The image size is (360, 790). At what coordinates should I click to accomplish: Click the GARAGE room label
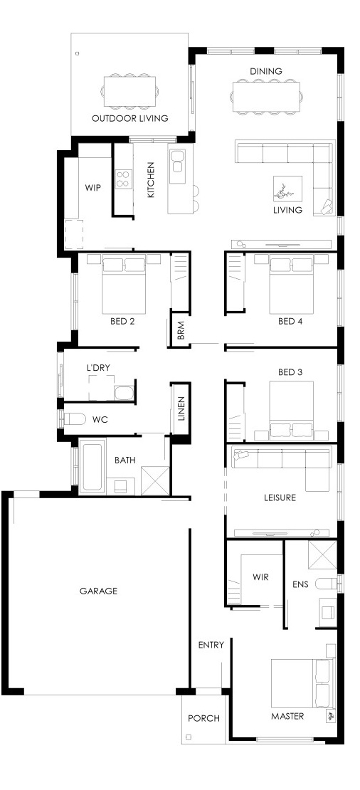coord(98,591)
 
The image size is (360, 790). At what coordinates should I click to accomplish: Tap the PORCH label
coord(203,718)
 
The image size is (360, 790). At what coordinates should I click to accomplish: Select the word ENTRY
coord(211,644)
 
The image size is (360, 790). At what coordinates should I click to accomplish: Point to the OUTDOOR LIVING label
coord(130,118)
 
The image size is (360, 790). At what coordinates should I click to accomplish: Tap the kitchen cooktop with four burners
coord(124,179)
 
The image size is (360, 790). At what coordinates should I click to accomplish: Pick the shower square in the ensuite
coord(322,555)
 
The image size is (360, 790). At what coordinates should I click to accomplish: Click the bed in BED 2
coord(125,285)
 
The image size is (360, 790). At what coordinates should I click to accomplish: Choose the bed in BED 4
coord(291,285)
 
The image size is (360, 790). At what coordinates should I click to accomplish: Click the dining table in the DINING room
coord(267,96)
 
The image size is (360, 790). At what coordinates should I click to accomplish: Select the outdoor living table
coord(130,91)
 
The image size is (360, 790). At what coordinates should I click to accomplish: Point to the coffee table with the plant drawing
coord(288,189)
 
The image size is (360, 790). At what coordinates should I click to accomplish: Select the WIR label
coord(260,577)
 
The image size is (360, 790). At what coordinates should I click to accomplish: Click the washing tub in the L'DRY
coord(123,393)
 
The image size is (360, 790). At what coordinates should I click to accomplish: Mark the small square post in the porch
coord(189,737)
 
